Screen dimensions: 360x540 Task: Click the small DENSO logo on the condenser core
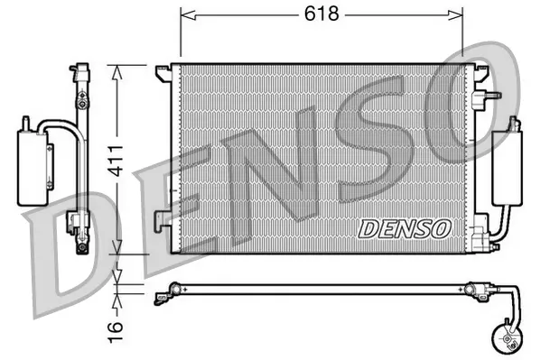tap(404, 228)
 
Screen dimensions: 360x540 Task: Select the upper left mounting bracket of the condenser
tap(163, 70)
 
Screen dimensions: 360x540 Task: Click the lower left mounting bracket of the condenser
tap(163, 217)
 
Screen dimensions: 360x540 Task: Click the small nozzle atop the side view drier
tap(26, 120)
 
